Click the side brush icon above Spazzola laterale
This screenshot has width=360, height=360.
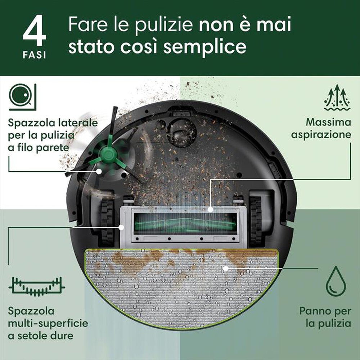click(x=22, y=96)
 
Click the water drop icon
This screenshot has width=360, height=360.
click(x=336, y=281)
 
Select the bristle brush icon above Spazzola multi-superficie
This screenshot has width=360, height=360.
click(x=36, y=287)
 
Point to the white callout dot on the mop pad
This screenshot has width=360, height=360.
click(x=225, y=268)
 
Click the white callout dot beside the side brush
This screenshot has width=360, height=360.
click(x=99, y=172)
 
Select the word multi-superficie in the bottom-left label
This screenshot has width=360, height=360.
click(x=48, y=323)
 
